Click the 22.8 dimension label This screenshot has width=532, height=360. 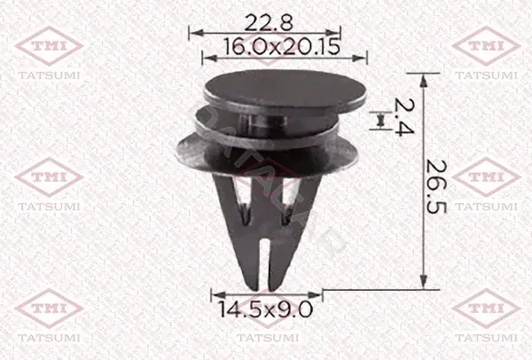pos(268,23)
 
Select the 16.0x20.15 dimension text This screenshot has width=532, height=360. pos(282,46)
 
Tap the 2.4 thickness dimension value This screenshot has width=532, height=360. pos(403,117)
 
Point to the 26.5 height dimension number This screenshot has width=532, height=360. pos(436,186)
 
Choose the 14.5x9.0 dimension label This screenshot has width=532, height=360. pos(264,309)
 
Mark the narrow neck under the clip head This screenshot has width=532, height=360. pos(263,124)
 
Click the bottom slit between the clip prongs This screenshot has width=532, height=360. pos(264,264)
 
